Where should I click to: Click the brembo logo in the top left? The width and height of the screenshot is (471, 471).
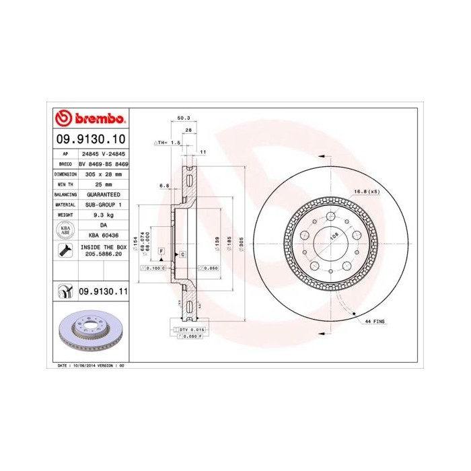(x=89, y=118)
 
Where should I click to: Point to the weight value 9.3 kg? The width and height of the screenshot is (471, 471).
(x=104, y=215)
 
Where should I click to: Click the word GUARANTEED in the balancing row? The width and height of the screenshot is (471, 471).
(x=104, y=194)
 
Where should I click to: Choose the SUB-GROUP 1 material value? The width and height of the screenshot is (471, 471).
(x=104, y=204)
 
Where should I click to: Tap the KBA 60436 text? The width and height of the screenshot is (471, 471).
(x=104, y=235)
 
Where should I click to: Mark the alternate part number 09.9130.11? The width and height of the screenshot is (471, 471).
(x=104, y=291)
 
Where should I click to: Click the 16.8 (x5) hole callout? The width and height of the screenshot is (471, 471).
(x=367, y=192)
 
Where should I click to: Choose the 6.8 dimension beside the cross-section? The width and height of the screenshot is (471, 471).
(x=164, y=184)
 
